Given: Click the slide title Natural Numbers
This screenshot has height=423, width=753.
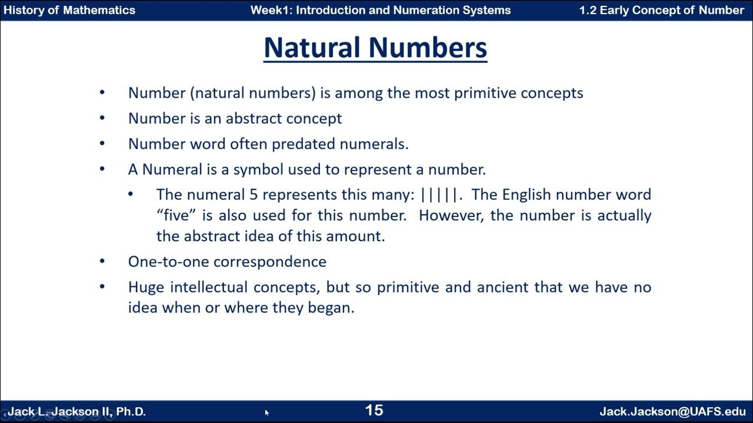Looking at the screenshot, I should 375,48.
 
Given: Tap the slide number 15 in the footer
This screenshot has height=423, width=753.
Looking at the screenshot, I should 374,410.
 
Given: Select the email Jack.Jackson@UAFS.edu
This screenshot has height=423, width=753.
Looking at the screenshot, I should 672,411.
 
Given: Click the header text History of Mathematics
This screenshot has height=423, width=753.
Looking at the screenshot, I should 69,10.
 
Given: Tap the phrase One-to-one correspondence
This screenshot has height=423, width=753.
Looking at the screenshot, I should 227,261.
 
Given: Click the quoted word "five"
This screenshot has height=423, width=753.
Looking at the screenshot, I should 174,215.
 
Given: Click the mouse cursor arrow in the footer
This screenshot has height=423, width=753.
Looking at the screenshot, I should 266,412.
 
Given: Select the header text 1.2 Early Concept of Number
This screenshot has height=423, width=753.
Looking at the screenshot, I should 661,10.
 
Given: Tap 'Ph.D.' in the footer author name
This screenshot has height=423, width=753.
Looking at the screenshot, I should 131,411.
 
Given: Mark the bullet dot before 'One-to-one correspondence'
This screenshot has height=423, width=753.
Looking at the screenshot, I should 102,261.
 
